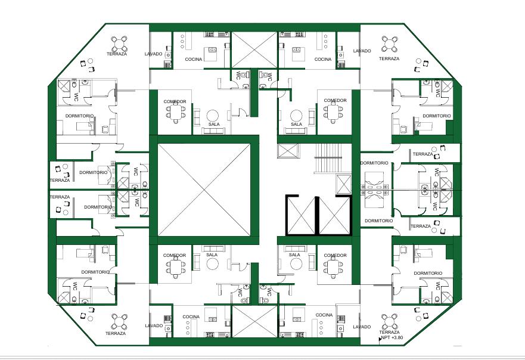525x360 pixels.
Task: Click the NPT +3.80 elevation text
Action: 392,337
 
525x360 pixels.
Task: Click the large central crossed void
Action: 204,190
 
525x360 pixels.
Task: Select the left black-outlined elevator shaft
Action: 301,215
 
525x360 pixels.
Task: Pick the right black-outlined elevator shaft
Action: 334,215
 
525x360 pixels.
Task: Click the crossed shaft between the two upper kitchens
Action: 254,50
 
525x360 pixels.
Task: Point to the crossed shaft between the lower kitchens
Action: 254,321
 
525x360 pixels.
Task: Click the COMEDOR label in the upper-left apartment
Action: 175,101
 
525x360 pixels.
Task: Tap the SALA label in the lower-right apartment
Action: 294,255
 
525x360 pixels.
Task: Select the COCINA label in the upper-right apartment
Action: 323,59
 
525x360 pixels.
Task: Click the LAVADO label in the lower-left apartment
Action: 154,325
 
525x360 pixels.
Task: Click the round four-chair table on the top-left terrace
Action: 119,43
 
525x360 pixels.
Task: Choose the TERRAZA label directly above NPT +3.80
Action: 389,332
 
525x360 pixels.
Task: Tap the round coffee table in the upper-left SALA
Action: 212,116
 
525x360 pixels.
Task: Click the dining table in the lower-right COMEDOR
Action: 333,267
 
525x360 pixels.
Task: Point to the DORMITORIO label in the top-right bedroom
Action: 437,116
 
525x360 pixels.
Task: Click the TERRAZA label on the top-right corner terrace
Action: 389,58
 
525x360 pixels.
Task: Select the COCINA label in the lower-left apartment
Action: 191,316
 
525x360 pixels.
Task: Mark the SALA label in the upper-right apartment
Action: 296,124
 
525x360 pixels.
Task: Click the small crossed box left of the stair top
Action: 287,151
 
